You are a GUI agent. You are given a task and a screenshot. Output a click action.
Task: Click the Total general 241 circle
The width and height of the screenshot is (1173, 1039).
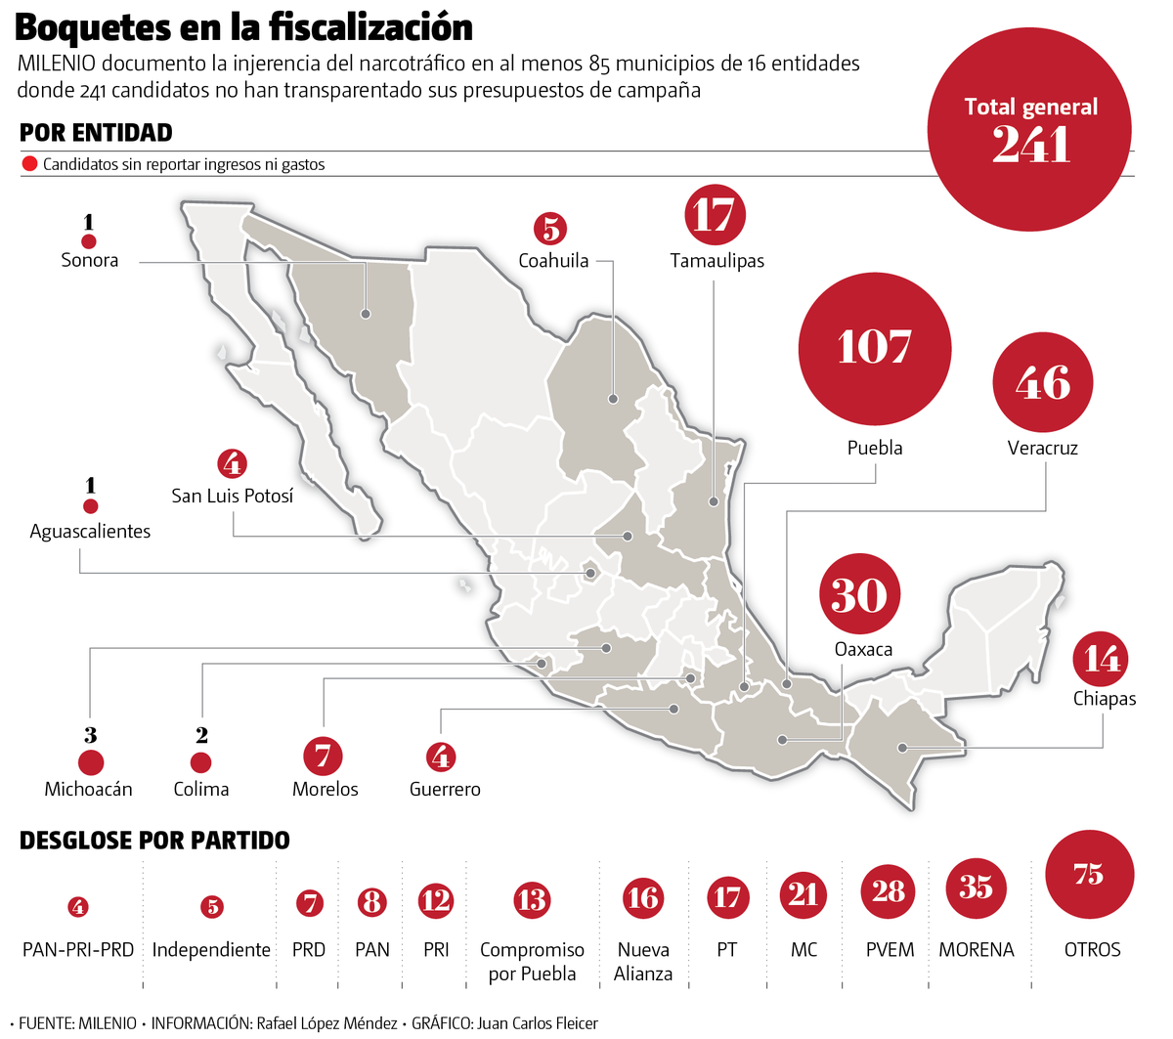[1029, 130]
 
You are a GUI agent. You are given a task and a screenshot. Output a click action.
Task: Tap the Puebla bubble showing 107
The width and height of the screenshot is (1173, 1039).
[874, 348]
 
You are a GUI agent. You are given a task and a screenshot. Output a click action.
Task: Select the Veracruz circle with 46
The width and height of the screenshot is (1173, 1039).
[1043, 382]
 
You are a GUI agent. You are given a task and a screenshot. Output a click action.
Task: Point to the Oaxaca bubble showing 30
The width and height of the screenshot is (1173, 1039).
[859, 595]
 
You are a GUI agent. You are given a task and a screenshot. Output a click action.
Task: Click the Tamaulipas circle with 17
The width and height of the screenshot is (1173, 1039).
[715, 215]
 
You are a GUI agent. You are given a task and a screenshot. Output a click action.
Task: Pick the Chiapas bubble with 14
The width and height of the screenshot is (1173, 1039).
[1102, 660]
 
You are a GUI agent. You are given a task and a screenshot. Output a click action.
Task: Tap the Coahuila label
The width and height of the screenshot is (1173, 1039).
[553, 261]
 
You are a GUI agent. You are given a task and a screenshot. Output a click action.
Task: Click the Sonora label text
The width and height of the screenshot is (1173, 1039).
[89, 260]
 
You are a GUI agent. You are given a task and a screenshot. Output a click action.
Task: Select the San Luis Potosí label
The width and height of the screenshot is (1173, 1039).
[232, 496]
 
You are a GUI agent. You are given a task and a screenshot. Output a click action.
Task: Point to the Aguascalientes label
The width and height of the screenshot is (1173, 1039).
[90, 532]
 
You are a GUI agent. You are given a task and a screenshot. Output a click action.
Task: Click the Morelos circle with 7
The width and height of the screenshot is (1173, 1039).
[324, 756]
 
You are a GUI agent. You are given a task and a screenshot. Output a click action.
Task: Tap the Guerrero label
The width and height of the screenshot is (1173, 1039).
[445, 789]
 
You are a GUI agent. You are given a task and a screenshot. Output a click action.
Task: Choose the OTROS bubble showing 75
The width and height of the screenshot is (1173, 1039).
[1089, 874]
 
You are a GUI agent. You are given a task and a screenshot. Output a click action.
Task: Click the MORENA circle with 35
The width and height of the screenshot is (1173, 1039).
[976, 887]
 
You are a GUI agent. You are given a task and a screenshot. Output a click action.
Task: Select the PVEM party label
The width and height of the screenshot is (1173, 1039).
[890, 950]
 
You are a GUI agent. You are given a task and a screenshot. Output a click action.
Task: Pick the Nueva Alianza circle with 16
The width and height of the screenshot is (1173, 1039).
[643, 897]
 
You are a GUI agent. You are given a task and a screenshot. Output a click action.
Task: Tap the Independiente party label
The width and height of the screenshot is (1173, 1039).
[211, 950]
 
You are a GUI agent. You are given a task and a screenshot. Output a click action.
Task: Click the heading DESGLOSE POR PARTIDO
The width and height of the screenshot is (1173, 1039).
[154, 841]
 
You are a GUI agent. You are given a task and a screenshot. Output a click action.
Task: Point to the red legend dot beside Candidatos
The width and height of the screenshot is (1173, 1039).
[29, 164]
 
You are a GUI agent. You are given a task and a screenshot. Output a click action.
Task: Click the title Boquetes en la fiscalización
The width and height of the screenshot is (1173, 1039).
[244, 27]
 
